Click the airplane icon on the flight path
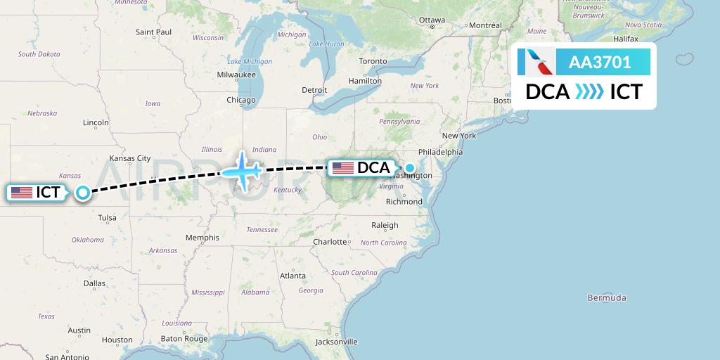click(240, 171)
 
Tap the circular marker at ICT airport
click(83, 192)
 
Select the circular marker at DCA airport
click(409, 168)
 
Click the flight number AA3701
click(600, 63)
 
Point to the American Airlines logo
click(536, 63)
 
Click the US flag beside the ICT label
click(22, 192)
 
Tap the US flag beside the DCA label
click(343, 168)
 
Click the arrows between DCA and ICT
click(589, 92)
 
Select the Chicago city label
click(240, 100)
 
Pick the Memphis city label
click(202, 238)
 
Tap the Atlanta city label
click(292, 276)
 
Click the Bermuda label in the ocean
click(607, 298)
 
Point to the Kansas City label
click(130, 158)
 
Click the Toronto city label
click(373, 61)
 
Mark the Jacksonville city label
click(336, 342)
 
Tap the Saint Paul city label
click(153, 32)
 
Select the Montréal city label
click(485, 25)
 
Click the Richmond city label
click(404, 202)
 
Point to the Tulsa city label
click(107, 218)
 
